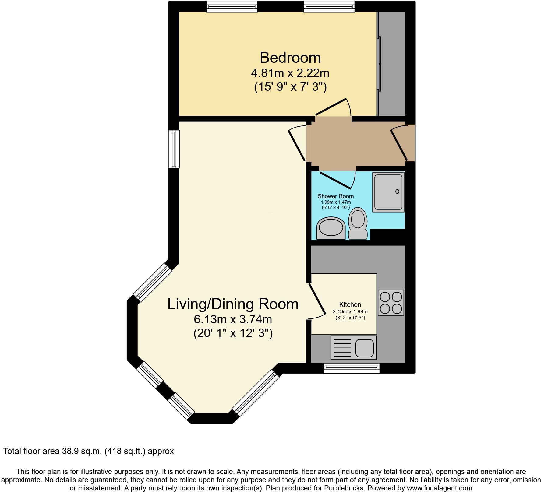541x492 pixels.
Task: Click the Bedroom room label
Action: point(290,58)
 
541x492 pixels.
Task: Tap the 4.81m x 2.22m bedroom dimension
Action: point(290,73)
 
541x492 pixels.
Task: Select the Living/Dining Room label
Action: point(233,304)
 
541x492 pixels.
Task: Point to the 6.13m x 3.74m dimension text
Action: point(233,319)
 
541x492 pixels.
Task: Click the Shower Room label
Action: point(336,196)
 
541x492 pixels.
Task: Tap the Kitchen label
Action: point(350,304)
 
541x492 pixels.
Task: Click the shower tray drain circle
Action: point(397,192)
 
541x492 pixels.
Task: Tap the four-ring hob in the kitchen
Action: point(391,303)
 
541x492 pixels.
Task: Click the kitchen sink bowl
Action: point(364,348)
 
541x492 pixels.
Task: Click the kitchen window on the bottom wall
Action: point(352,368)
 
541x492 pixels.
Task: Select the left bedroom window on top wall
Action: point(232,6)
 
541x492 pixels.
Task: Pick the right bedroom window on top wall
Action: point(329,6)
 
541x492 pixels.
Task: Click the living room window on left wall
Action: point(174,149)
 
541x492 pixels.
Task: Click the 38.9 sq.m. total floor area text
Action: point(80,451)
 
